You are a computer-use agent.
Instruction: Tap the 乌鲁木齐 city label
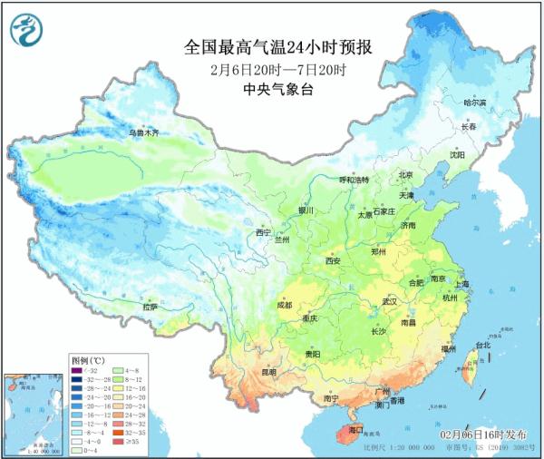pos(142,132)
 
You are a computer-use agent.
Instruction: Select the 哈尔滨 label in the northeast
pos(475,103)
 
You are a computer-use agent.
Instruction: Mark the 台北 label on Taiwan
pos(482,345)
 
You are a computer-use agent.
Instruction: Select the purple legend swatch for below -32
pos(77,371)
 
